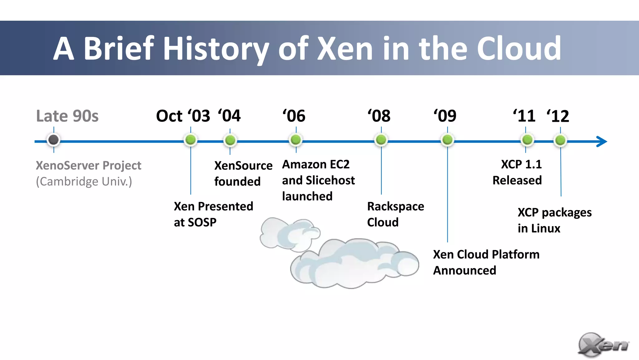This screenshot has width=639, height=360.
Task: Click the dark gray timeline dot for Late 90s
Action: point(53,140)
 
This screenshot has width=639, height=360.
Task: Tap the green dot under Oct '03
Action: point(191,140)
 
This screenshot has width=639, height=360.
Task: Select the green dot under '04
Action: point(230,140)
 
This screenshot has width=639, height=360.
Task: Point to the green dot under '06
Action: point(296,140)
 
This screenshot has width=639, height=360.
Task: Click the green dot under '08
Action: point(381,140)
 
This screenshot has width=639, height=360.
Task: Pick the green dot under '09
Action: point(447,140)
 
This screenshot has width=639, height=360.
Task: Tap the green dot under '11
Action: point(527,140)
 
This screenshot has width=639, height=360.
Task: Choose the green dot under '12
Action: point(560,140)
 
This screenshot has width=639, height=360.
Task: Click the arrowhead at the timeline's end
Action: point(602,141)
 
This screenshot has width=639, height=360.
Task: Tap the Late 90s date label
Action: point(67,116)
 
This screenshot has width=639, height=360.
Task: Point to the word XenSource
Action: point(243,165)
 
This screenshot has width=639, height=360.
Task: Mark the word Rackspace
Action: point(396,207)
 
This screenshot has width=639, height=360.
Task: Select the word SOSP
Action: point(202,222)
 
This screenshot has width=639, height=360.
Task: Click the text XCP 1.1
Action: point(521,165)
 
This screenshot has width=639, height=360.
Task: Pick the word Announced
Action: point(465,270)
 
